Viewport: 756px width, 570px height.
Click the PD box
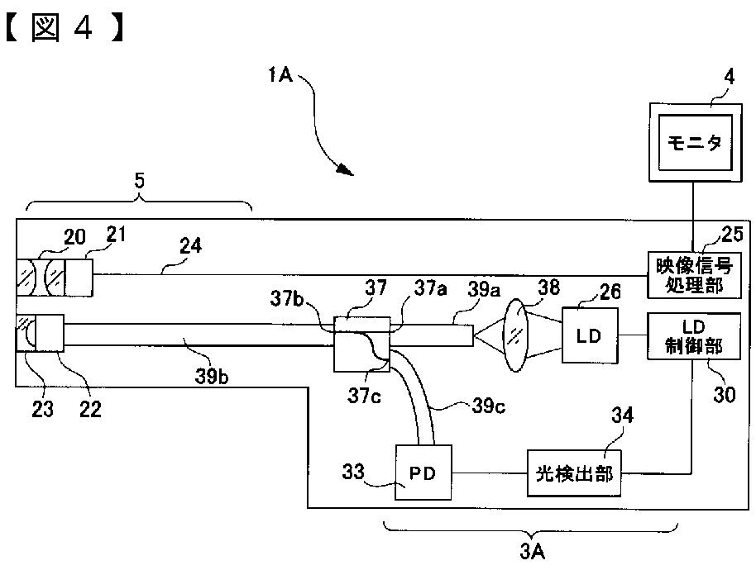click(x=423, y=472)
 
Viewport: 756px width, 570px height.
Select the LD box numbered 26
click(x=590, y=335)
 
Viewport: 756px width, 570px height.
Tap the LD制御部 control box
click(x=693, y=336)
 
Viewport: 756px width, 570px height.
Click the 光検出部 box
click(x=574, y=473)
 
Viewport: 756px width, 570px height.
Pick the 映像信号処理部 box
click(x=694, y=275)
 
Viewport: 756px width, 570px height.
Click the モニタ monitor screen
click(x=695, y=142)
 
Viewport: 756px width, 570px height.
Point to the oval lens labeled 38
click(x=516, y=335)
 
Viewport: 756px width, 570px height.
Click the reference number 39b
click(x=212, y=376)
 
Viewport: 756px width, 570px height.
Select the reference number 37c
click(x=364, y=395)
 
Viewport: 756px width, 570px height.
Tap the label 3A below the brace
click(x=533, y=551)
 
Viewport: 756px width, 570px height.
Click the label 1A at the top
click(x=280, y=74)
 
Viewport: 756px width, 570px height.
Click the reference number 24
click(x=190, y=245)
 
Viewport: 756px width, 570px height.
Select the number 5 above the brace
click(x=139, y=181)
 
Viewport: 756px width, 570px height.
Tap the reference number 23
click(x=42, y=409)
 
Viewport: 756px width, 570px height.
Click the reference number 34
click(x=622, y=415)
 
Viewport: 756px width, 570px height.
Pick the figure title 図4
click(x=65, y=28)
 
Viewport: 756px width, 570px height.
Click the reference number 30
click(x=725, y=395)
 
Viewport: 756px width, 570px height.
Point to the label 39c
click(x=488, y=406)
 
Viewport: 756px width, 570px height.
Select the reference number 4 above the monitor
click(x=730, y=77)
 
